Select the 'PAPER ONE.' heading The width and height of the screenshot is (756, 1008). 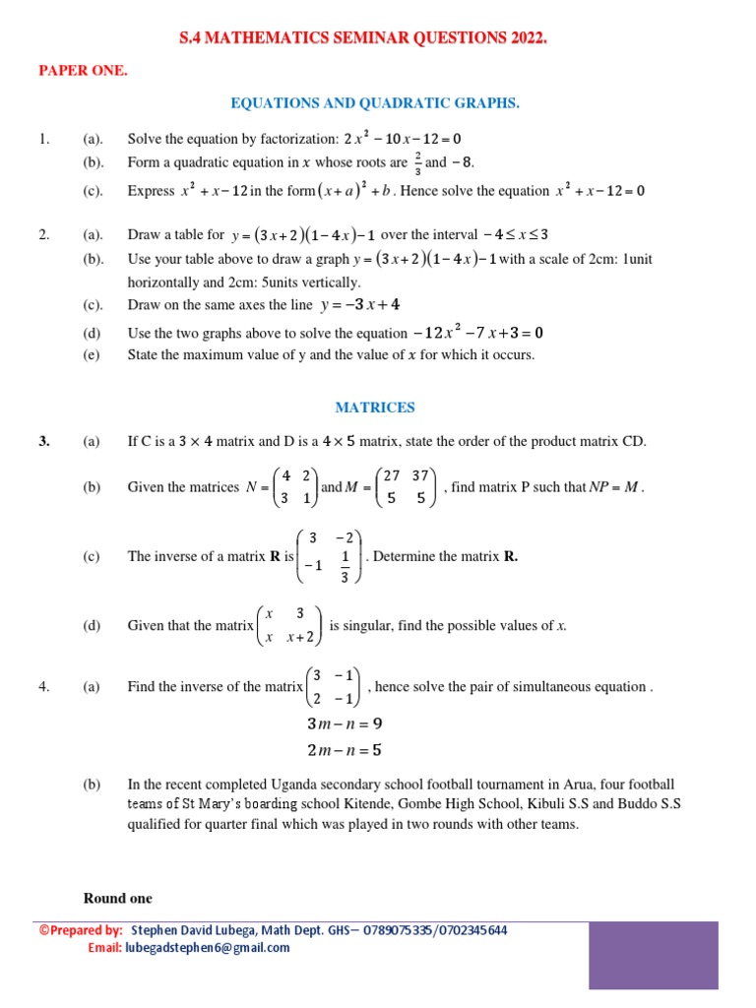tap(83, 71)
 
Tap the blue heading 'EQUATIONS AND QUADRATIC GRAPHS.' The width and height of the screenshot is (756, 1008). tap(374, 103)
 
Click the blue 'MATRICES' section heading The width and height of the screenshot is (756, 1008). tap(375, 407)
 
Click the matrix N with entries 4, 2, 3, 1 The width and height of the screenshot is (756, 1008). tap(294, 486)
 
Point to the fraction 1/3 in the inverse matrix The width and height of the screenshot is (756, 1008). tap(344, 568)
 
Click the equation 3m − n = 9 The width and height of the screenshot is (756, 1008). tap(345, 724)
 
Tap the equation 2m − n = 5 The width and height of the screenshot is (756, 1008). tap(345, 750)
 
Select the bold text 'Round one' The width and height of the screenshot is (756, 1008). tap(118, 898)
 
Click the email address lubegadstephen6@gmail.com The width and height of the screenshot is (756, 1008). tap(206, 948)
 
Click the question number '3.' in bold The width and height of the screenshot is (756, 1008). tap(44, 442)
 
